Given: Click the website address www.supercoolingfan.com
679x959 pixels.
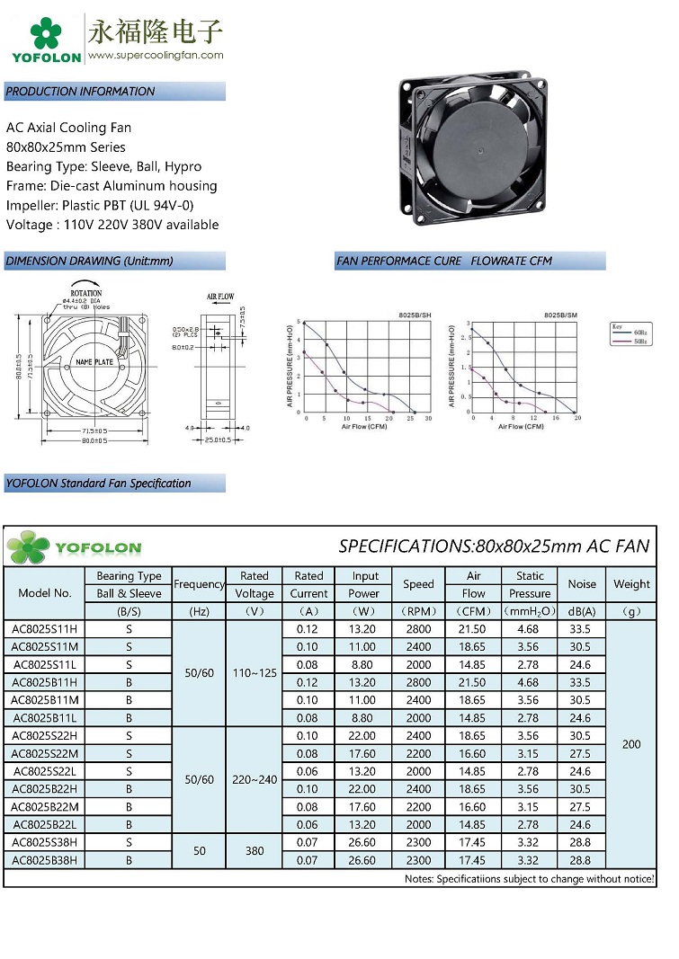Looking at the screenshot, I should click(156, 55).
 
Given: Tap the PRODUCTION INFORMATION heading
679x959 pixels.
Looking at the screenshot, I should click(81, 92).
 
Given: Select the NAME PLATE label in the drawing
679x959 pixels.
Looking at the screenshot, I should click(94, 361).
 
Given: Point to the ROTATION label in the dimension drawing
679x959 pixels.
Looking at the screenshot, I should click(86, 293).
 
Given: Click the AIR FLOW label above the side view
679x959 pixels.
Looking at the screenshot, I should click(220, 296).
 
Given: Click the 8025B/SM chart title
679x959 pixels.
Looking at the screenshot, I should click(560, 315).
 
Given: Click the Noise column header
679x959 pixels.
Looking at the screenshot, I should click(582, 584).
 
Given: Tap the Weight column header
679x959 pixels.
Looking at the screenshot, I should click(631, 584).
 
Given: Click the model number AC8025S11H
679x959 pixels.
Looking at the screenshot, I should click(45, 629).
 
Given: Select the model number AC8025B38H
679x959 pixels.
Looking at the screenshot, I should click(45, 860).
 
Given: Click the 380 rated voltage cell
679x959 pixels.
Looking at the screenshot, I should click(255, 851).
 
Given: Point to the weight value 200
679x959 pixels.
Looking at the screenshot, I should click(631, 744).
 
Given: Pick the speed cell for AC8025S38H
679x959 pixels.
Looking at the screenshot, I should click(418, 842).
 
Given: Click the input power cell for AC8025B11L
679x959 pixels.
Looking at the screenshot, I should click(365, 718).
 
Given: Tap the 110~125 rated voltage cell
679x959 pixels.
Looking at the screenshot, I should click(255, 673).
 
